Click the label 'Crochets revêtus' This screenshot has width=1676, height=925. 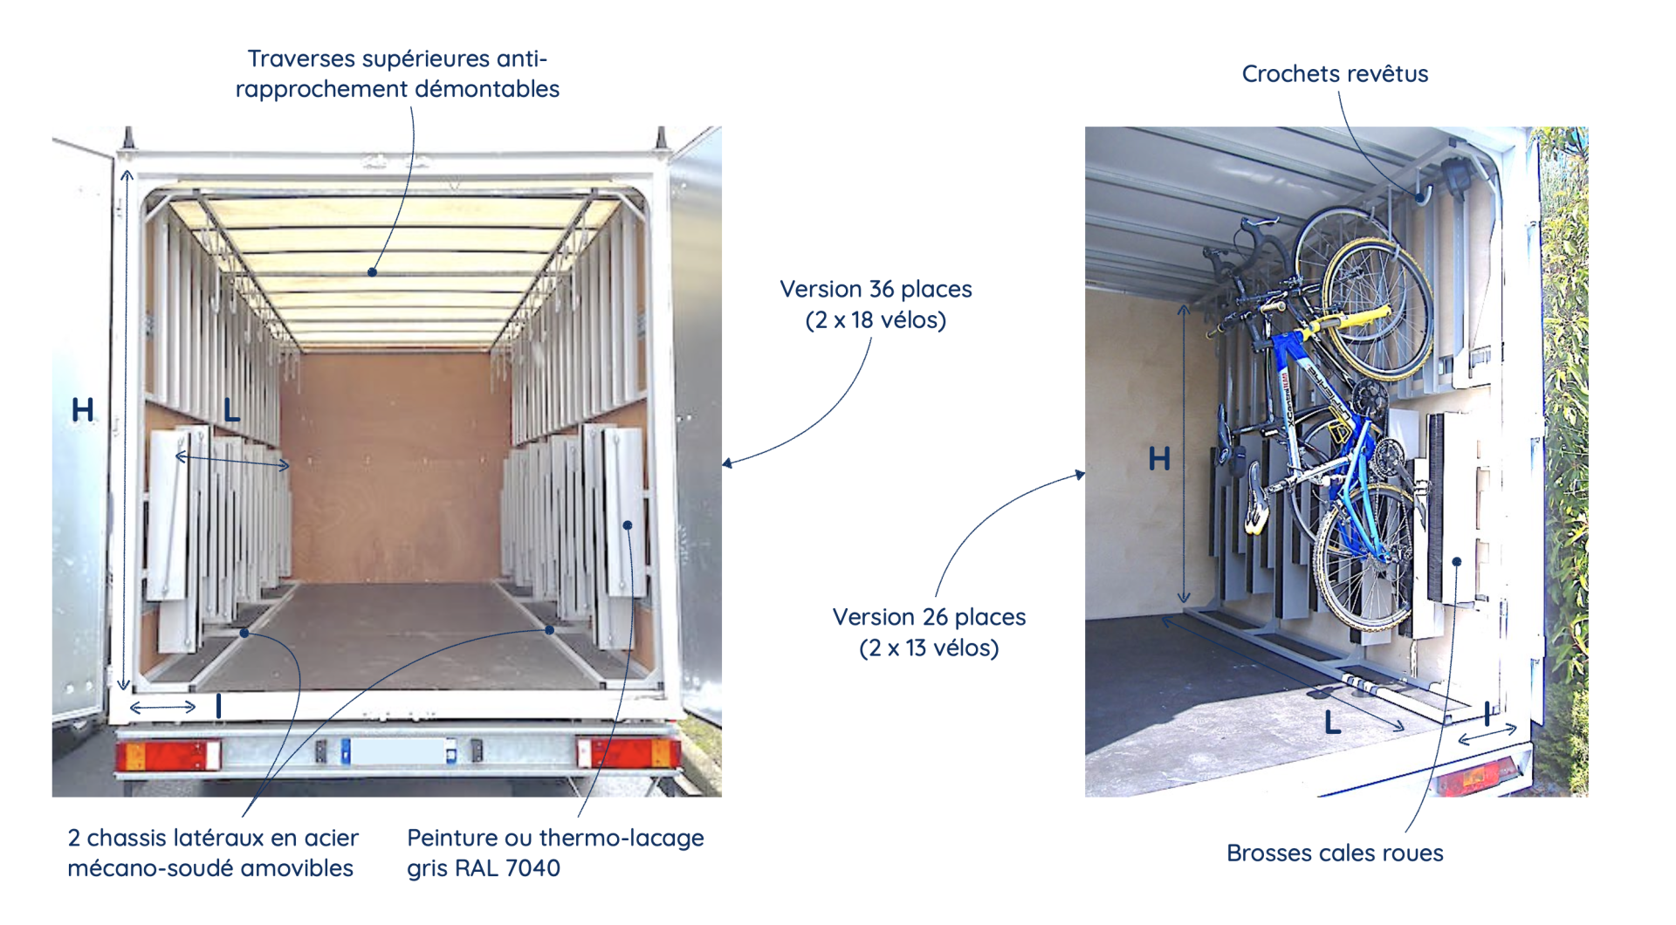pos(1335,74)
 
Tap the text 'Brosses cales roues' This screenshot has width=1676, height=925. pos(1335,853)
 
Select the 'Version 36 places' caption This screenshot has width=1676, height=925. pos(876,289)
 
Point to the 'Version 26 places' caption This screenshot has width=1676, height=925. pos(929,617)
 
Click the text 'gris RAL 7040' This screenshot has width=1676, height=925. pos(484,868)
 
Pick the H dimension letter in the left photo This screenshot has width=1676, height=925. pos(83,409)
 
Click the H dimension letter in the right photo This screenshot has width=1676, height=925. pos(1159,458)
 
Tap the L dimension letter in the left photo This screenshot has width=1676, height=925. pos(231,409)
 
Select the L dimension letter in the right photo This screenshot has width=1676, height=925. pos(1332,723)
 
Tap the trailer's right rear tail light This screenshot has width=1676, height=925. pos(628,752)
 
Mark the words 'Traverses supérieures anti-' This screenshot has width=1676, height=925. pos(397,58)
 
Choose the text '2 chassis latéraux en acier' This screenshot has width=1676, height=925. pos(213,838)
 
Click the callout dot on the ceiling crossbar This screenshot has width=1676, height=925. pos(373,272)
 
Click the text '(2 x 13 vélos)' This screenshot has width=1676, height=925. pos(929,648)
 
